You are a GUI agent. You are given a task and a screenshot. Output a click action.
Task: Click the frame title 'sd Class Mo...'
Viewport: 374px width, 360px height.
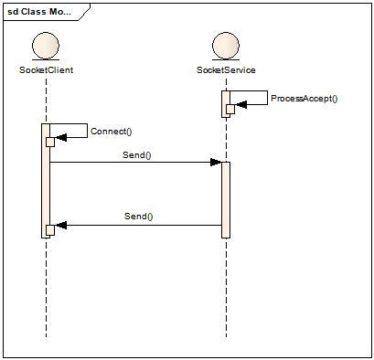click(39, 13)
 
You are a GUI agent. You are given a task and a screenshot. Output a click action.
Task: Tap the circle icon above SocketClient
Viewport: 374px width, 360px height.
click(46, 48)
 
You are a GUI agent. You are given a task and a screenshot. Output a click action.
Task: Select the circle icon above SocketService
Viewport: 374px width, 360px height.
click(225, 48)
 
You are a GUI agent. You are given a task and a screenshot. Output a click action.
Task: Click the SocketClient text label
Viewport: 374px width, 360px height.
click(46, 69)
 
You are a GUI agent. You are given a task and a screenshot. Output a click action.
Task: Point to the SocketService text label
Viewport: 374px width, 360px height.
click(225, 69)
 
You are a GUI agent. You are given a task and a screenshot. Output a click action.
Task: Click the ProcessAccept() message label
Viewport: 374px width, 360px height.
click(304, 99)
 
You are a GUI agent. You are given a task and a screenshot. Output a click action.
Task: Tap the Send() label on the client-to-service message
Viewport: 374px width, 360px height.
click(137, 154)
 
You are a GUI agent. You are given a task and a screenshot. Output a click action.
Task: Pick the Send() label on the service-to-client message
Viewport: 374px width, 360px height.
click(138, 217)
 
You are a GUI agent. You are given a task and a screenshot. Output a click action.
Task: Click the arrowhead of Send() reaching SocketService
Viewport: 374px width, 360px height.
click(216, 163)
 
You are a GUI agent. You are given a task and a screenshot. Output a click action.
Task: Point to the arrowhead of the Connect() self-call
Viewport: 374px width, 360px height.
click(61, 140)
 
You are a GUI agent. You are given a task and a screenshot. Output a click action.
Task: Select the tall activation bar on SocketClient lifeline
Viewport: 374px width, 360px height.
click(46, 183)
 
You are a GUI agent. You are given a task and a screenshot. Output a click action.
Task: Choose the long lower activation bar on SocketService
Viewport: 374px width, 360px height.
click(226, 199)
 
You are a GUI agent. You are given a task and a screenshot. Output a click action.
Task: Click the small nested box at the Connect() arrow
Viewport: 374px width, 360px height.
click(51, 141)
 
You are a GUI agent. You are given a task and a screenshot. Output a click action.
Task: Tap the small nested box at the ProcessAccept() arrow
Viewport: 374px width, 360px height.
click(230, 110)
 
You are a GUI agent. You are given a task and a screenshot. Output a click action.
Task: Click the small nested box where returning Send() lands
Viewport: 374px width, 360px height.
click(51, 228)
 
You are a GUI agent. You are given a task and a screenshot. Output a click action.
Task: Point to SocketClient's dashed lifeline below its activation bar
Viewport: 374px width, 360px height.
click(46, 288)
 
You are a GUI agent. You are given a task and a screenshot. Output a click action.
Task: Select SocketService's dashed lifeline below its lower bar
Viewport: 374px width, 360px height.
click(226, 288)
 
